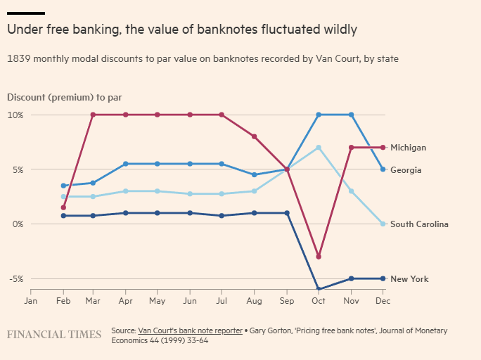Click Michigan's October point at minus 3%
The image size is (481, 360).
pos(319,257)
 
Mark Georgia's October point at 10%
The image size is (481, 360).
pos(319,115)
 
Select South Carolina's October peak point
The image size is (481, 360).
pos(319,148)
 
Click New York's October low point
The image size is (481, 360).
pos(319,289)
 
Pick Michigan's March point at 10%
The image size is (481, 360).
pos(93,115)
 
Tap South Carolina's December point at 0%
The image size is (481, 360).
pos(383,224)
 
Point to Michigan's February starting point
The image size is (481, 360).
pos(63,207)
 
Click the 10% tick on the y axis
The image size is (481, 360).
pos(15,115)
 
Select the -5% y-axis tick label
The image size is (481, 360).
pos(15,279)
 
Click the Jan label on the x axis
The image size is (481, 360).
pos(31,301)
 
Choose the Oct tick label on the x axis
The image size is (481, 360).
pos(319,301)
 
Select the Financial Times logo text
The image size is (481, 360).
pos(54,335)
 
